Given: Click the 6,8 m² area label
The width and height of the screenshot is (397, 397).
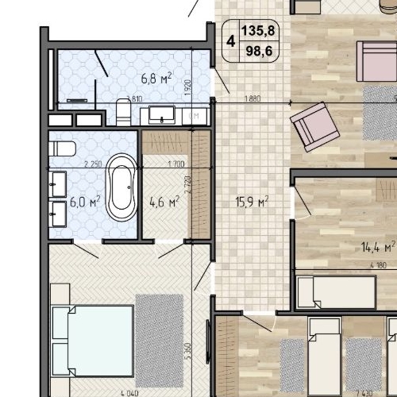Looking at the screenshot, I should click(156, 78).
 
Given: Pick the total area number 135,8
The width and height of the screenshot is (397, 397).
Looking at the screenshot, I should click(263, 33).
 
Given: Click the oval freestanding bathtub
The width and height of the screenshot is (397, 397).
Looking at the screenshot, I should click(121, 187).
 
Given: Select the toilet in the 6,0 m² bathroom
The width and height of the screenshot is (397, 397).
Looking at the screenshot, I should click(62, 148).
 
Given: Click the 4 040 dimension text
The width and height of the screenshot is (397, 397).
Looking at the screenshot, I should click(129, 392).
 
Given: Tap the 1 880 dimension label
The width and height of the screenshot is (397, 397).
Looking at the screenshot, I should click(251, 99).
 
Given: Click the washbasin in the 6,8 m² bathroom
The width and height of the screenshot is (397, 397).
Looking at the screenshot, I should click(164, 116).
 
